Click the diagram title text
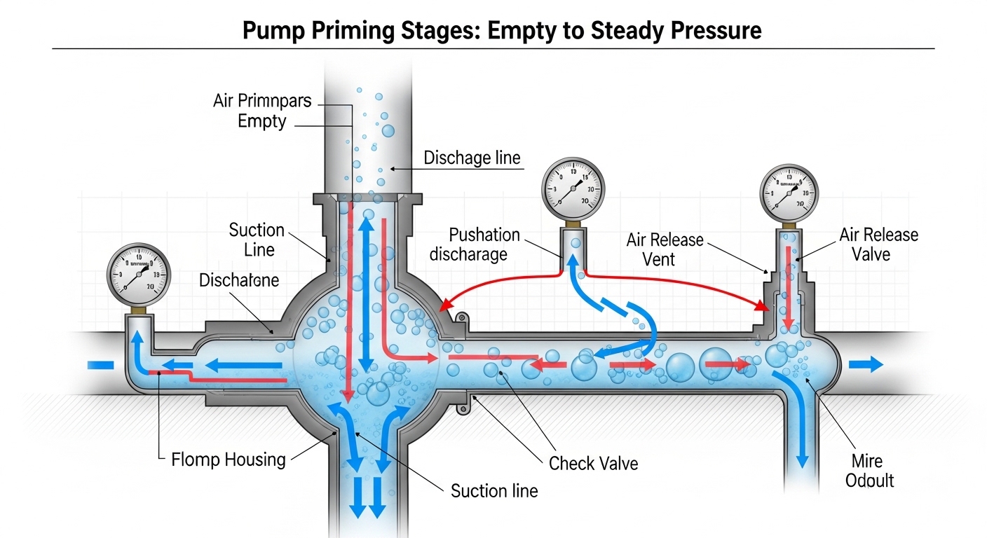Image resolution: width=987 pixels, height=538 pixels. point(502,31)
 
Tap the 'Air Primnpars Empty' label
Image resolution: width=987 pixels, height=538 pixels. point(262,111)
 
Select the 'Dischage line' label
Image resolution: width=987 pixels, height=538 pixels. point(472,158)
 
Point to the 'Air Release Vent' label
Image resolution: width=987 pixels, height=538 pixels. point(665,249)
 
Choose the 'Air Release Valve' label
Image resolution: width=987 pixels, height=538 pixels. point(878,244)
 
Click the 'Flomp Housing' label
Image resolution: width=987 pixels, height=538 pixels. point(229,460)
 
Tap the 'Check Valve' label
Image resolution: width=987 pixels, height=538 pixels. point(593,463)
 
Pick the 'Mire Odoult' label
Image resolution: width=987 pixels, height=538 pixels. point(869,471)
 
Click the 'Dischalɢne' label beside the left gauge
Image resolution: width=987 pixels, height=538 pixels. point(239,281)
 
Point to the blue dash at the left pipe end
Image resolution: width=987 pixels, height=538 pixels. point(99,364)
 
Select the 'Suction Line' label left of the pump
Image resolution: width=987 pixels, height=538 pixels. point(257,240)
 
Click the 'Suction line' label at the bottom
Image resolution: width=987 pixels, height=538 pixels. point(494,490)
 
